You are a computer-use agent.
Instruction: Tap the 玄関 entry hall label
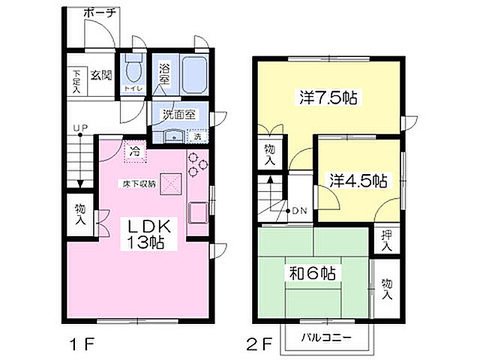(x=102, y=74)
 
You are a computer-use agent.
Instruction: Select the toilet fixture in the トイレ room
(x=133, y=72)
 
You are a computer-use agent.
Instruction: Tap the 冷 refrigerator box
(x=136, y=151)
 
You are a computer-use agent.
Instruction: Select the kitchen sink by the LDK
(x=199, y=213)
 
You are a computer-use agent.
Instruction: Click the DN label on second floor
(x=299, y=210)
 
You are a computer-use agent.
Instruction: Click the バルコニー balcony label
(x=326, y=337)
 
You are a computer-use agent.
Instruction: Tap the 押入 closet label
(x=386, y=240)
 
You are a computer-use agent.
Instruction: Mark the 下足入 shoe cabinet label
(x=76, y=79)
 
